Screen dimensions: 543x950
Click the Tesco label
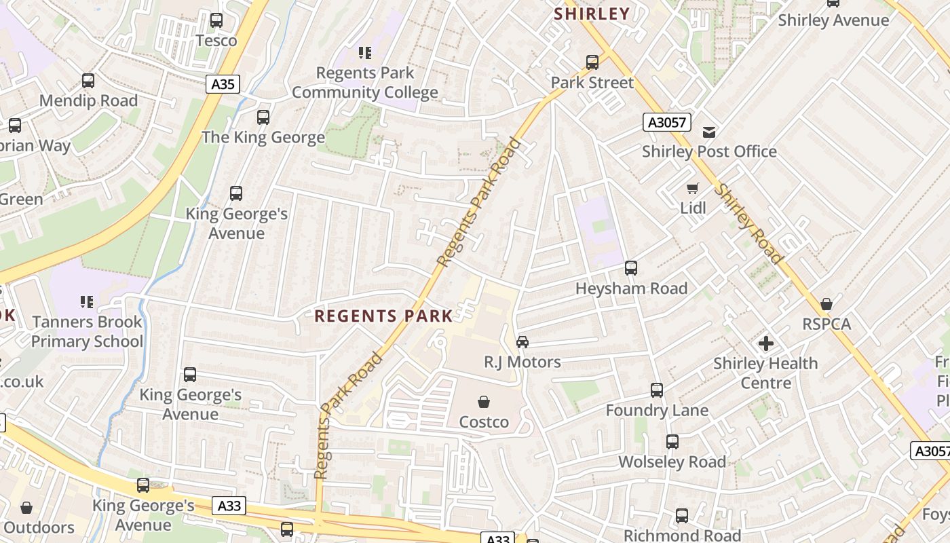(x=216, y=41)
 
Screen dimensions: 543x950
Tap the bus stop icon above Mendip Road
(x=88, y=81)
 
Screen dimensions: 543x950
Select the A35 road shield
(x=223, y=84)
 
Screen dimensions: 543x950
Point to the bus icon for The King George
(x=263, y=117)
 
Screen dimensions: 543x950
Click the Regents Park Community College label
(x=365, y=83)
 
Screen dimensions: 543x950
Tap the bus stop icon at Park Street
(x=592, y=62)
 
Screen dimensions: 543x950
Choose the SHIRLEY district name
(x=592, y=14)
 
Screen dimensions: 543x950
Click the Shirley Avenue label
(x=833, y=20)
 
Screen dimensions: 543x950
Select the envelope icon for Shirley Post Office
(x=709, y=132)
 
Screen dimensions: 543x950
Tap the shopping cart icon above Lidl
(x=693, y=188)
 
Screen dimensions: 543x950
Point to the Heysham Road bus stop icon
(x=631, y=268)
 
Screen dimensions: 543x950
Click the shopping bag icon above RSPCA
(x=826, y=304)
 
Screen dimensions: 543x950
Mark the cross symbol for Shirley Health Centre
(x=766, y=343)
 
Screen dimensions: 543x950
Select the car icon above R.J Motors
(x=522, y=342)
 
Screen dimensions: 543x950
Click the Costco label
(x=484, y=422)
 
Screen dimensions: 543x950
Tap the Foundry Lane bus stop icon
(x=657, y=390)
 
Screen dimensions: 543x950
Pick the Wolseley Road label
(x=672, y=462)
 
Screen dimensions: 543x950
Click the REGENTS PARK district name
(x=383, y=316)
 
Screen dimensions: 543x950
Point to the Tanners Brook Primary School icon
(x=87, y=301)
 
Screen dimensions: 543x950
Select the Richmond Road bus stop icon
(x=682, y=516)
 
